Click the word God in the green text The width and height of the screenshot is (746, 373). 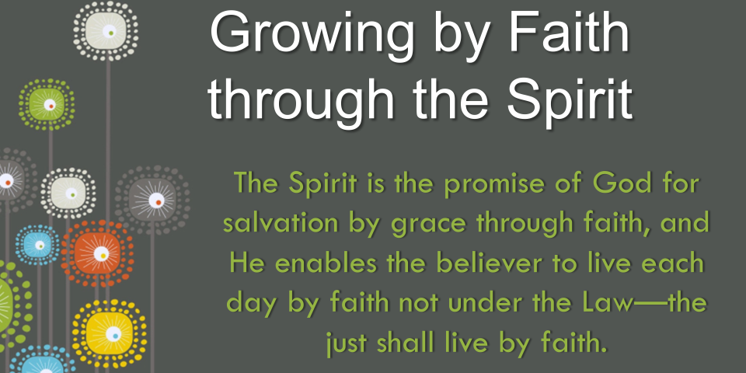click(632, 183)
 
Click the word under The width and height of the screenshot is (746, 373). click(468, 303)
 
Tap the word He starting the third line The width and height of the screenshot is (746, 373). click(247, 263)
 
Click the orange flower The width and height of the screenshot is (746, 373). click(97, 253)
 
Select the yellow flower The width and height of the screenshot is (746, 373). click(109, 334)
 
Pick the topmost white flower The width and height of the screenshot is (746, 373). click(106, 31)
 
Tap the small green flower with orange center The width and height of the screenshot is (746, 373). click(47, 104)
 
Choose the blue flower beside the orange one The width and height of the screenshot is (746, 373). click(37, 246)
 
